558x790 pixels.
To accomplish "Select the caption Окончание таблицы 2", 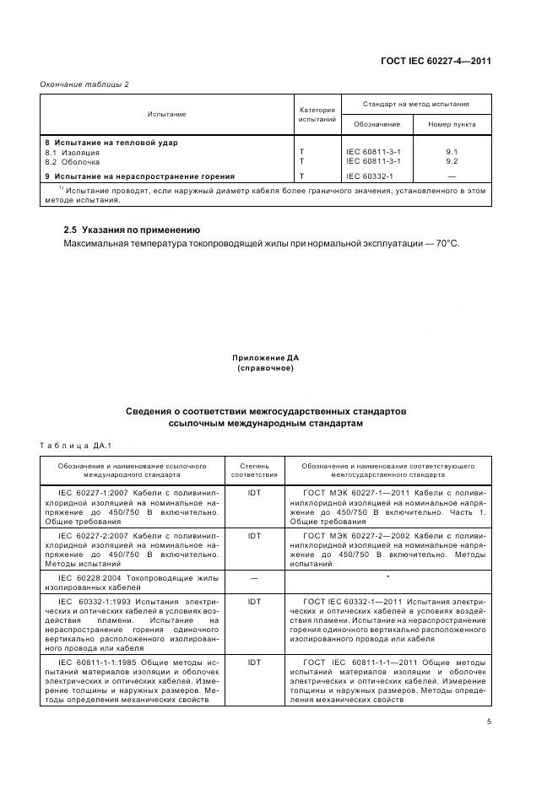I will coord(84,84).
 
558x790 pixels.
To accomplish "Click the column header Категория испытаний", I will coord(317,114).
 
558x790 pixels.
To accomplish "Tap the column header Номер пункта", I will coord(451,124).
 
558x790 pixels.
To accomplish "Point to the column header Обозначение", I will coord(377,124).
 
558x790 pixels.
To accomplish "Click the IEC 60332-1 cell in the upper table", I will coord(370,176).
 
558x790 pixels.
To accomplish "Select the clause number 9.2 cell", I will coord(451,160).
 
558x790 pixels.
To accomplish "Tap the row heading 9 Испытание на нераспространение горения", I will coord(139,176).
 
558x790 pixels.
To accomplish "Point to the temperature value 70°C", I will coord(447,243).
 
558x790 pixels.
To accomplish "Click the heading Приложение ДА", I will coord(266,359).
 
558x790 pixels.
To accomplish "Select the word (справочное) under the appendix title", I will coord(266,369).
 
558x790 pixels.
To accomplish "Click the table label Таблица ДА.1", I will coord(70,445).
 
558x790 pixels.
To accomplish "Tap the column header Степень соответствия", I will coord(254,469).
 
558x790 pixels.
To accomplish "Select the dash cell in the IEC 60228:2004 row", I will coord(254,577).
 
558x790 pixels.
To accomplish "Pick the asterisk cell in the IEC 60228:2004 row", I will coord(387,577).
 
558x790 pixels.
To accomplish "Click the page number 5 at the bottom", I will coord(489,722).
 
